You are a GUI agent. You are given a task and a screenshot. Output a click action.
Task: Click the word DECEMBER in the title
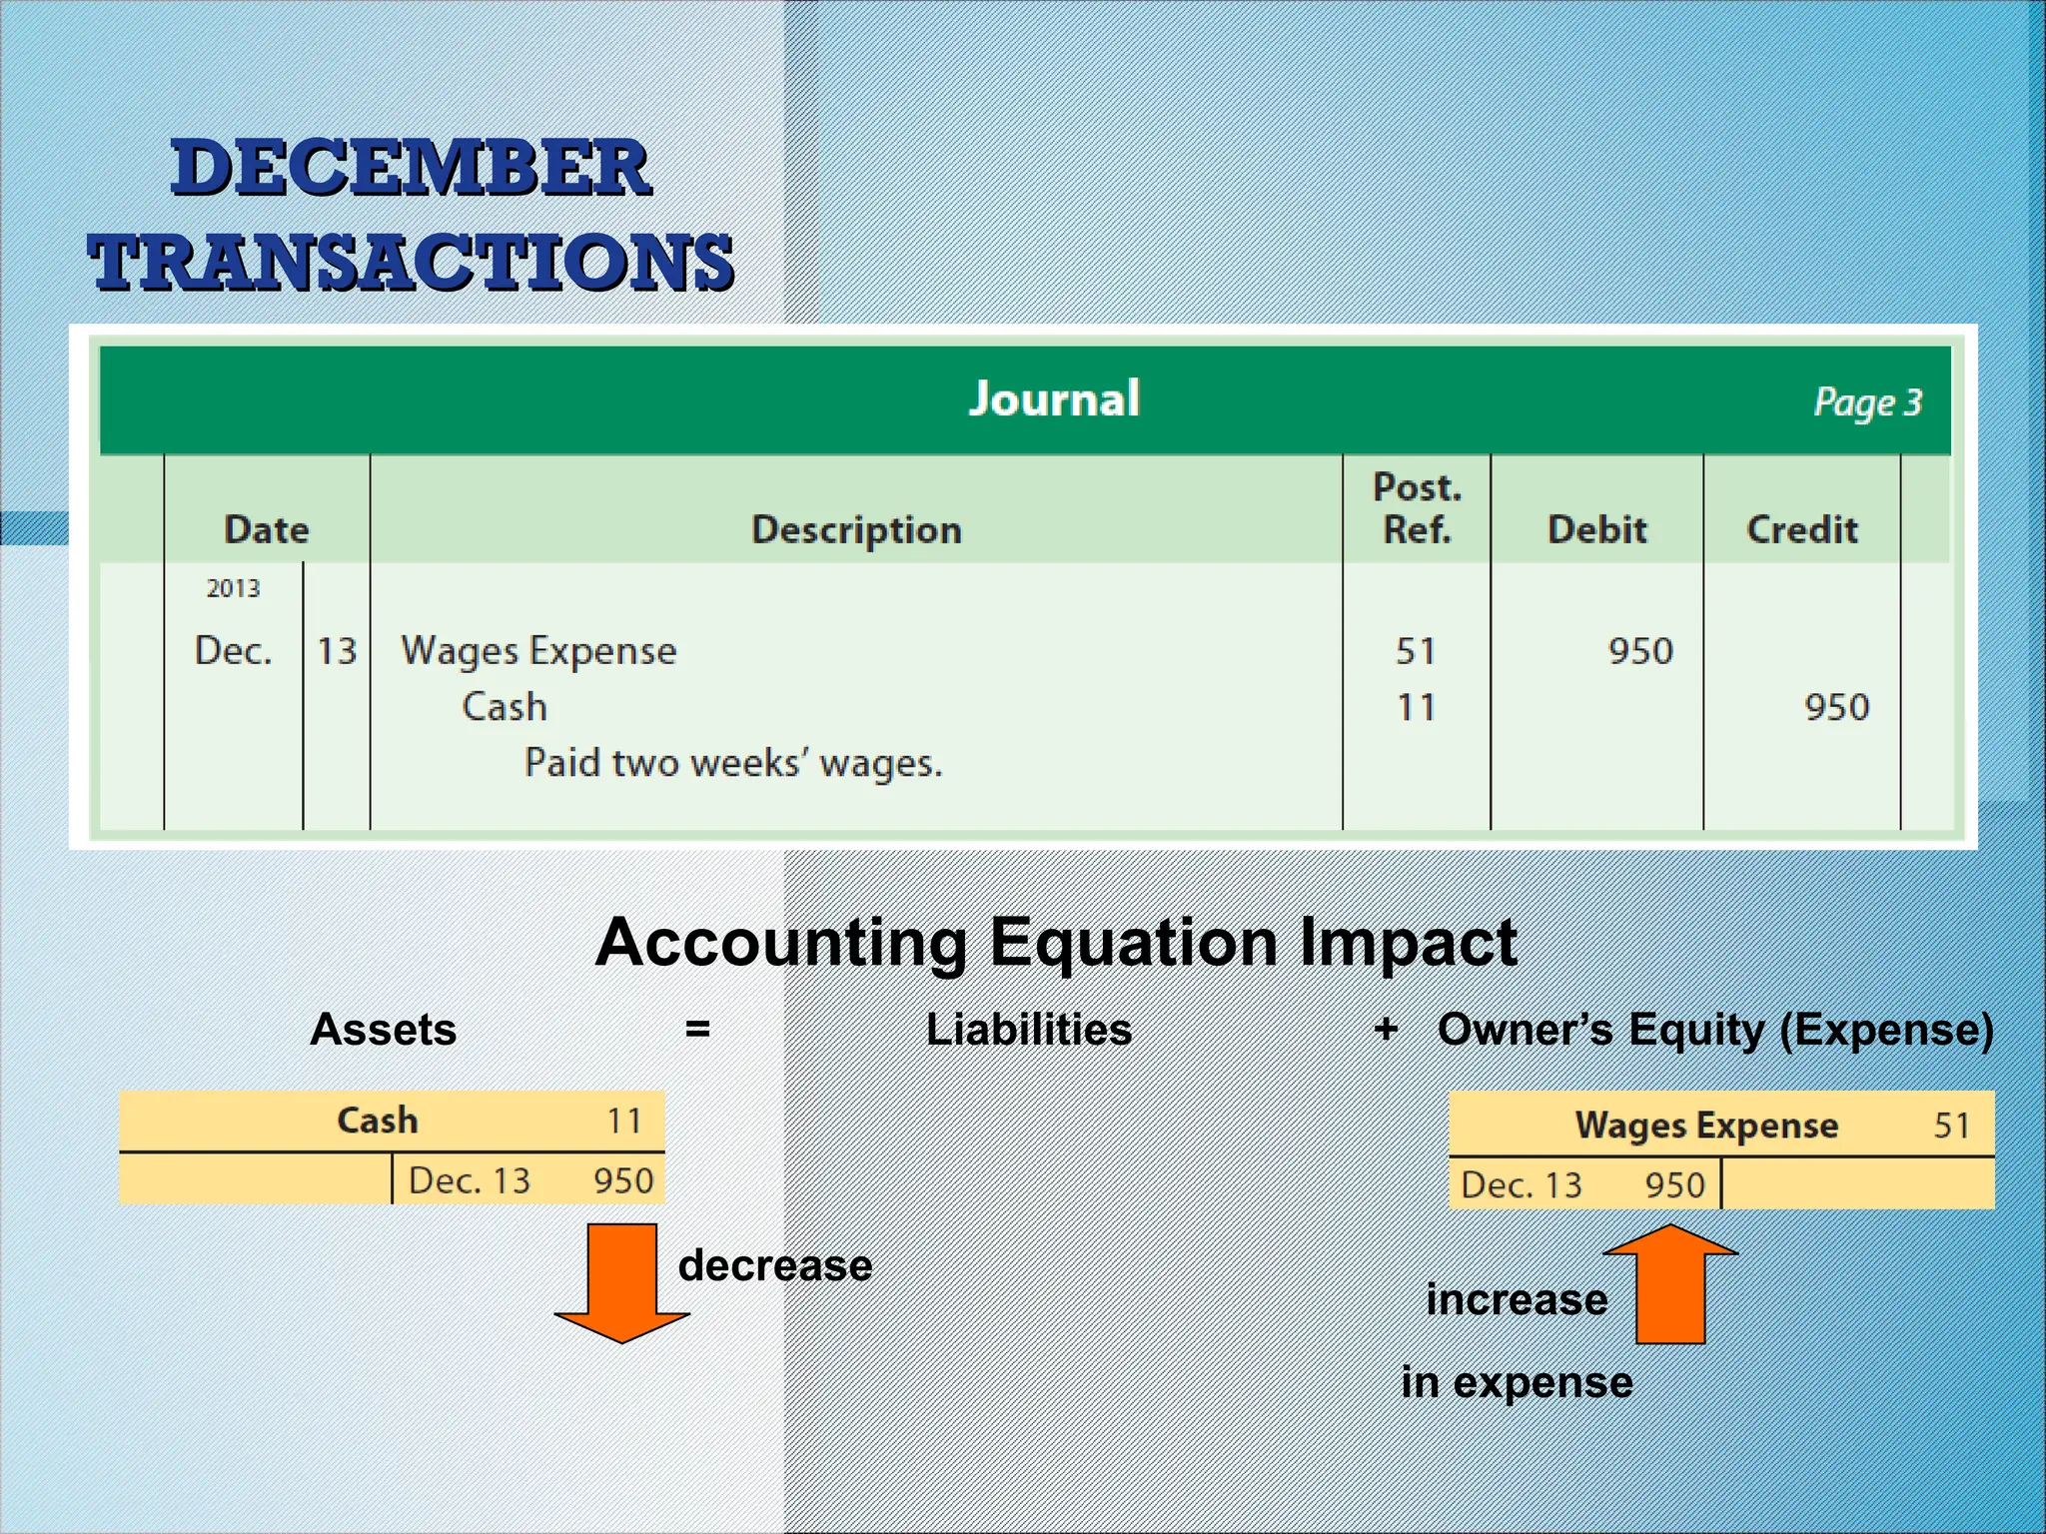[x=411, y=168]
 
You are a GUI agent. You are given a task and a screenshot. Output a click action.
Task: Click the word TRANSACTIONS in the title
[x=411, y=262]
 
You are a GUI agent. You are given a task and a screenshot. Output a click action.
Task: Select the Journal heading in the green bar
[x=1054, y=398]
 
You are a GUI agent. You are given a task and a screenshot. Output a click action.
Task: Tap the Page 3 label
[x=1866, y=402]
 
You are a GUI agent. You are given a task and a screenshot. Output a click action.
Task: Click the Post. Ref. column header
[x=1417, y=508]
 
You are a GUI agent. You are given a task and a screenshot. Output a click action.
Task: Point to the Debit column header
[x=1596, y=529]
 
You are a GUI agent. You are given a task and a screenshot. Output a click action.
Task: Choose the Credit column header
[x=1801, y=529]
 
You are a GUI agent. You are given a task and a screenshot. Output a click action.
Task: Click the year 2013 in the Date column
[x=233, y=588]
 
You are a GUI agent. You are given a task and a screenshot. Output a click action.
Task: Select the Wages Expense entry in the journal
[x=538, y=651]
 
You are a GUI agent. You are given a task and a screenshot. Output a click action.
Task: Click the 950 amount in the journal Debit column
[x=1639, y=651]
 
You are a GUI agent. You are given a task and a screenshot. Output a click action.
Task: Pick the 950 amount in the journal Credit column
[x=1836, y=707]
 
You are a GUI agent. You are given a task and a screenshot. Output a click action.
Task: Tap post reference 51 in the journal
[x=1416, y=651]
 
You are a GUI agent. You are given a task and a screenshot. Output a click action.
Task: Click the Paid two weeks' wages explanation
[x=732, y=763]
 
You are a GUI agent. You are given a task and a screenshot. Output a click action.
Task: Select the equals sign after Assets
[x=697, y=1029]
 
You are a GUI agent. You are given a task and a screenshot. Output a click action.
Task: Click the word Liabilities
[x=1028, y=1030]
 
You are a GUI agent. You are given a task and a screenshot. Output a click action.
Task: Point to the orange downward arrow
[x=621, y=1282]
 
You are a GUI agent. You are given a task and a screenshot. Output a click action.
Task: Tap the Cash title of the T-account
[x=377, y=1121]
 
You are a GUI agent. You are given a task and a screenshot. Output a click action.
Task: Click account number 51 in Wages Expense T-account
[x=1950, y=1126]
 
